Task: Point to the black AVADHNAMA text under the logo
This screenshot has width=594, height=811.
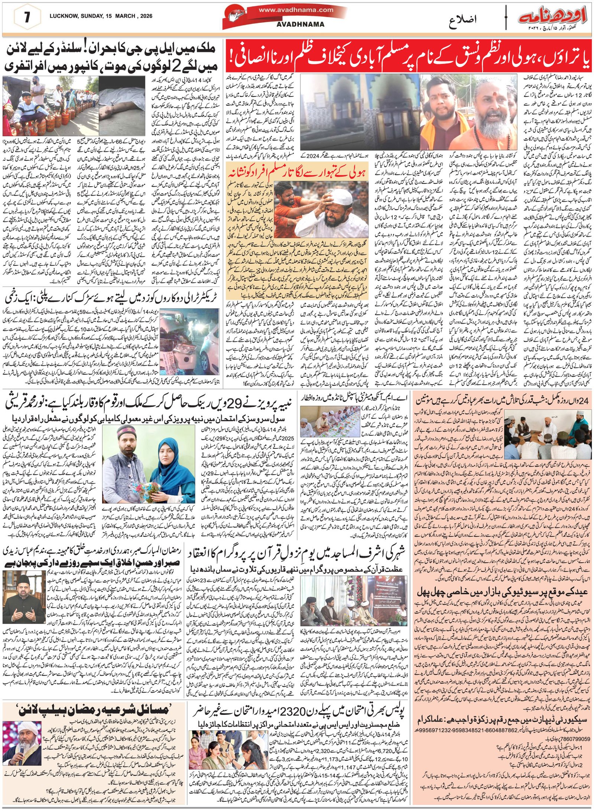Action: [300, 24]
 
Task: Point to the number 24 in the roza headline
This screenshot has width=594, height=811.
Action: [582, 400]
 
